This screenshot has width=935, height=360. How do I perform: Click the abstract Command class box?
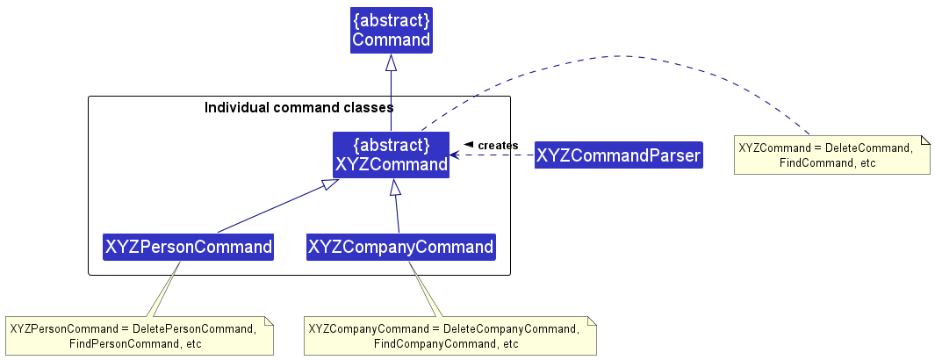(391, 30)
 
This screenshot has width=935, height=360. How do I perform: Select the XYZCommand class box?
(391, 155)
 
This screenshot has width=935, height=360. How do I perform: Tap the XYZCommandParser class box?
(618, 156)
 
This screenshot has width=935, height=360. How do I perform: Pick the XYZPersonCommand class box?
(188, 247)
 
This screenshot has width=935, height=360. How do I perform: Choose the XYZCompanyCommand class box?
(400, 247)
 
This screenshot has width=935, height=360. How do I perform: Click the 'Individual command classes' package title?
(298, 108)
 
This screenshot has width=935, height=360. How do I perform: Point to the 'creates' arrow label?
(498, 145)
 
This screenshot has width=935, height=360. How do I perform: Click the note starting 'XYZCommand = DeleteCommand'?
(831, 155)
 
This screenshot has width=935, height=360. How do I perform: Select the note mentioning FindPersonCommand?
(139, 335)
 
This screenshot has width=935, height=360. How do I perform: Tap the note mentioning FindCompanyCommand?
(450, 335)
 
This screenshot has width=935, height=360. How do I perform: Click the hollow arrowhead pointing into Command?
(391, 62)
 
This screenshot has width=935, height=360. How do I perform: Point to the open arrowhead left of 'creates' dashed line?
(455, 156)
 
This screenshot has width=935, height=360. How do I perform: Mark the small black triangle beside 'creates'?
(469, 144)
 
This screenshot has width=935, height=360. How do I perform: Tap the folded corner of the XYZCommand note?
(924, 141)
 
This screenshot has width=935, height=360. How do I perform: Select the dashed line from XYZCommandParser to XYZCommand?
(496, 156)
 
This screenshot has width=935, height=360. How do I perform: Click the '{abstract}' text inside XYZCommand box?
(391, 144)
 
